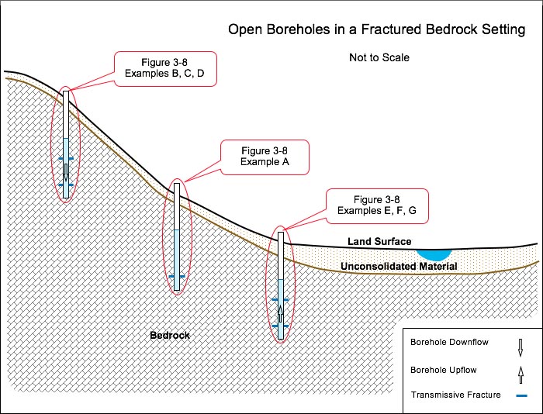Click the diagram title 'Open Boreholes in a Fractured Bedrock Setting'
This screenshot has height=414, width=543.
tap(376, 29)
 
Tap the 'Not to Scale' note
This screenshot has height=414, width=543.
tap(379, 57)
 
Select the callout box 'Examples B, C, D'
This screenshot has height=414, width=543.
tap(165, 69)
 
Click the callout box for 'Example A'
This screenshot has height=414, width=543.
tap(265, 157)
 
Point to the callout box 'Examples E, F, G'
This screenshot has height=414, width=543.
tap(377, 206)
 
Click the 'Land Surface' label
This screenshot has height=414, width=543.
tap(379, 241)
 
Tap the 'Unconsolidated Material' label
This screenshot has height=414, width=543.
tap(399, 266)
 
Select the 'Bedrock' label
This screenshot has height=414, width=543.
tap(170, 335)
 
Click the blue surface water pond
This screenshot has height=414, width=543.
tap(434, 254)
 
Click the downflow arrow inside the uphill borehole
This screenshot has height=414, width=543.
tap(66, 173)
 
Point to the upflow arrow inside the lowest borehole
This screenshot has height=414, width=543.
tap(281, 314)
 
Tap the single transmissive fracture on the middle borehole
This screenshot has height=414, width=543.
tap(177, 276)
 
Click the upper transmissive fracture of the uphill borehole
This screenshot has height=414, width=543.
tap(66, 158)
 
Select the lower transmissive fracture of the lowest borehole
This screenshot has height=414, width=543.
tap(281, 326)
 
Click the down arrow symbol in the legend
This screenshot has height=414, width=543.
tap(521, 347)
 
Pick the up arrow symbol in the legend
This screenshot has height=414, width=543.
tap(521, 374)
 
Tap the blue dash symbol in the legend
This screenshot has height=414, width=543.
tap(521, 395)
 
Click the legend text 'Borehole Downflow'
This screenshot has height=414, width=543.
tap(449, 342)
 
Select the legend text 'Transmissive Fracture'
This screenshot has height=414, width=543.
tap(456, 395)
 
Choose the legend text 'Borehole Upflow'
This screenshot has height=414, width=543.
tap(443, 370)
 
